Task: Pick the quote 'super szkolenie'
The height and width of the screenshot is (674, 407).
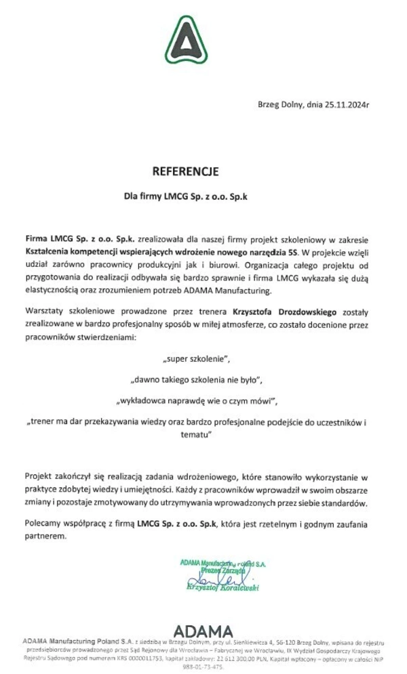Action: point(201,357)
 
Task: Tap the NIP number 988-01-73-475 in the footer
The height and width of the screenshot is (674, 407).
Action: point(203,666)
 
